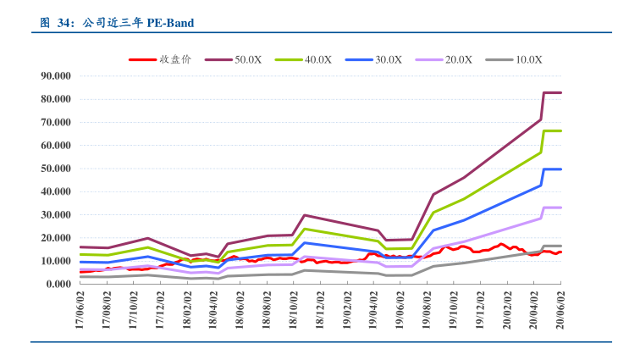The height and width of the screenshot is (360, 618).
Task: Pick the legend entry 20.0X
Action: [x=458, y=59]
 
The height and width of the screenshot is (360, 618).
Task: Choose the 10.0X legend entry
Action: [x=528, y=59]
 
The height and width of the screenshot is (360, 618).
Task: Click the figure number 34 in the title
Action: [x=63, y=23]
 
